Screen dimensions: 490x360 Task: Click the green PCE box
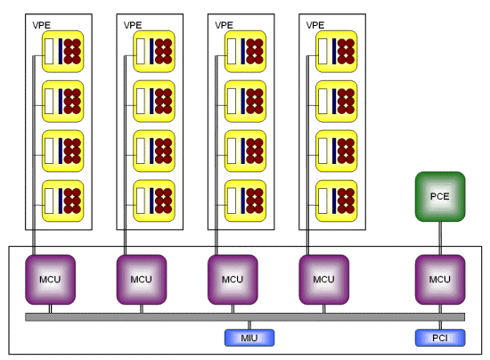440,197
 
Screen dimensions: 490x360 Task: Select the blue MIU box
249,338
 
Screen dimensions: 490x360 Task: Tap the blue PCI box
440,338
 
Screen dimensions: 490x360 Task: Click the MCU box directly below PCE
440,280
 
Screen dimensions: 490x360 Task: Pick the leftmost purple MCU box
50,280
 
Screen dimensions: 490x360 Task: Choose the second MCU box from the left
142,280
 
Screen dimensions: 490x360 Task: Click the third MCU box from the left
233,280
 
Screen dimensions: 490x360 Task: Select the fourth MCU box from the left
324,280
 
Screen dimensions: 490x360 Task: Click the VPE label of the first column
41,25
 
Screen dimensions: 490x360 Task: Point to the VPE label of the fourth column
315,25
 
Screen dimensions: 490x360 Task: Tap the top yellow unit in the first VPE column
63,52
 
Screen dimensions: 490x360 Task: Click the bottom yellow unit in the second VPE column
154,200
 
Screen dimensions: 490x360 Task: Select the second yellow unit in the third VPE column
245,102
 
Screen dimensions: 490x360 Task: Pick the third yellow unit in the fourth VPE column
337,151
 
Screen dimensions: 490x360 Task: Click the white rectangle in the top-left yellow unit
49,52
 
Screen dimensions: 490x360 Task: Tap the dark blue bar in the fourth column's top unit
334,52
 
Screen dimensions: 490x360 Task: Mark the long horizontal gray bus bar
245,317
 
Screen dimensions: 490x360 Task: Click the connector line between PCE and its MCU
440,238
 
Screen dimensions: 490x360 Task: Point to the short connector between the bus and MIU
249,325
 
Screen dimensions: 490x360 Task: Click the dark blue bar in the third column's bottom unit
243,200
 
